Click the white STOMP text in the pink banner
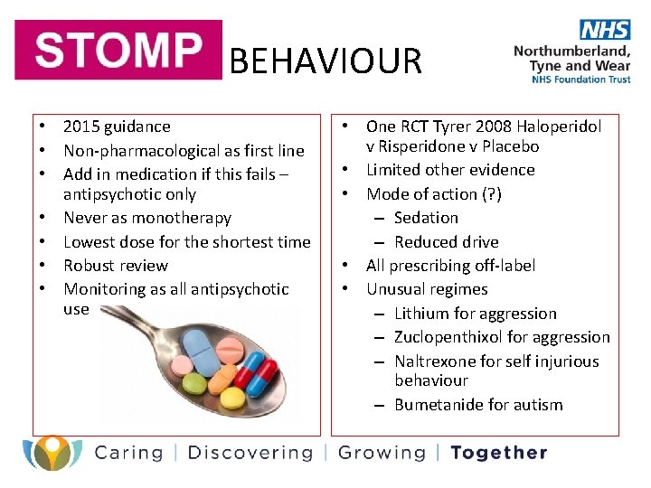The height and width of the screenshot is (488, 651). click(x=118, y=52)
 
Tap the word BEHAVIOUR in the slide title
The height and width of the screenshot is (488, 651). click(x=325, y=61)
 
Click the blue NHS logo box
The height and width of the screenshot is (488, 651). click(x=605, y=29)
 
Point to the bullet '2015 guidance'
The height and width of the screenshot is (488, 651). click(x=117, y=127)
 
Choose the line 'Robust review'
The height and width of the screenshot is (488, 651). click(x=116, y=265)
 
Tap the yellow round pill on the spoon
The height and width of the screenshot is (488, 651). click(x=232, y=397)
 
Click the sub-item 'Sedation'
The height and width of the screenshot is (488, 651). click(x=426, y=218)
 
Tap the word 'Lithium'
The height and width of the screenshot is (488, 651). click(x=421, y=314)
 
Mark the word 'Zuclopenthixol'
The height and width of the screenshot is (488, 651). click(x=449, y=337)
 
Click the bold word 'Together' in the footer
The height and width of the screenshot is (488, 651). click(x=498, y=453)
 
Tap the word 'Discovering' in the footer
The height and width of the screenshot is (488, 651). click(x=250, y=453)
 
